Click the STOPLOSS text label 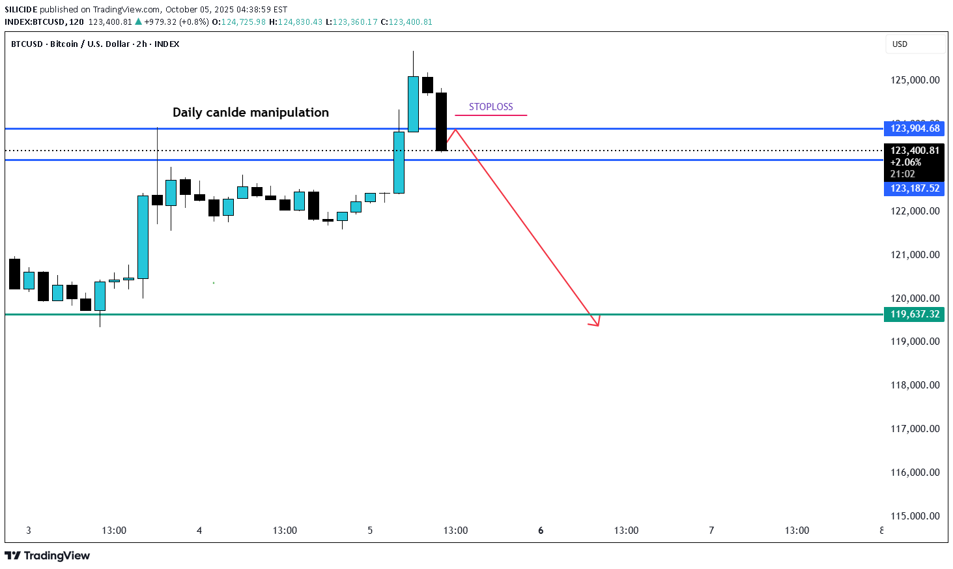(491, 107)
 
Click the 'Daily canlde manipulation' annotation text (250, 112)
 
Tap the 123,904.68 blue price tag (914, 128)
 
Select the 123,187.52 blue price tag (914, 188)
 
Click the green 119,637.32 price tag (914, 314)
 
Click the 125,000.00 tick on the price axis (915, 80)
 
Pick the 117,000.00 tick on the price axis (915, 429)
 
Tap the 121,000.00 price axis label (915, 255)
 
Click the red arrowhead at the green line (595, 321)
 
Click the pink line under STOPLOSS (491, 115)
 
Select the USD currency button (900, 44)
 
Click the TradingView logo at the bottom (47, 555)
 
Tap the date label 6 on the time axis (541, 531)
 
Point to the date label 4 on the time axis (199, 531)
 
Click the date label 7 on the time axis (711, 531)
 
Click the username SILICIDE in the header (21, 10)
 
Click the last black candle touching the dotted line (441, 122)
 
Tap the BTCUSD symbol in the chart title (27, 44)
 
